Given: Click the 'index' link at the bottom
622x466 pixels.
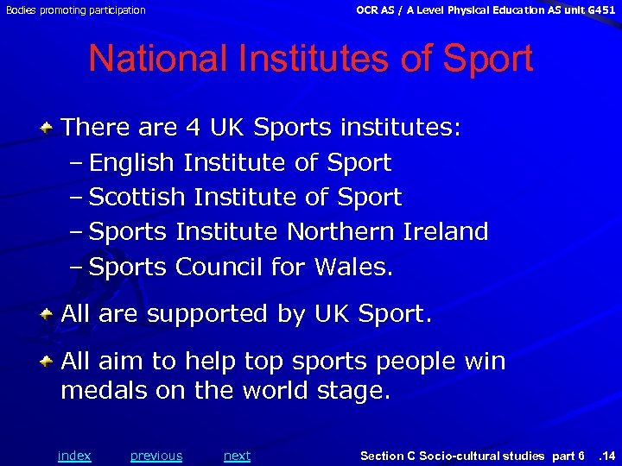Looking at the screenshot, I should pyautogui.click(x=74, y=456).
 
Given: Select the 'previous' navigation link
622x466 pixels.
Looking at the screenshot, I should pyautogui.click(x=156, y=456).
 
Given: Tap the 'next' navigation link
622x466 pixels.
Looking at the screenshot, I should pyautogui.click(x=237, y=456).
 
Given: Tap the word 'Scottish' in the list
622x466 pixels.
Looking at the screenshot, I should pyautogui.click(x=137, y=197).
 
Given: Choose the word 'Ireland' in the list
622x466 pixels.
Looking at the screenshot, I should pyautogui.click(x=446, y=231).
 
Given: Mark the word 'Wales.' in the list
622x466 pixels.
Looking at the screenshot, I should pyautogui.click(x=354, y=267).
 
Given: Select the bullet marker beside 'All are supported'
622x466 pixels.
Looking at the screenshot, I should pyautogui.click(x=51, y=314).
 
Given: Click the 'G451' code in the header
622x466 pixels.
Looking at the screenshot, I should pyautogui.click(x=600, y=10).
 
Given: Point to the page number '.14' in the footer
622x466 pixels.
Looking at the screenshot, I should pyautogui.click(x=606, y=456).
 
